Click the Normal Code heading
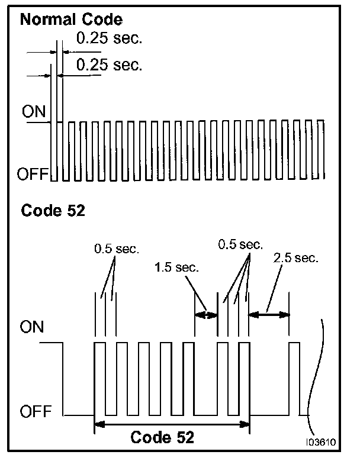[72, 20]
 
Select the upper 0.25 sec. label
[110, 40]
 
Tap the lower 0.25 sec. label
[110, 64]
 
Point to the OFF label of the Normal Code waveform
[34, 174]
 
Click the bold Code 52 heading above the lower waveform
[53, 210]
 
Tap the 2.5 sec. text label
[296, 258]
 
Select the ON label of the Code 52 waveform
[34, 326]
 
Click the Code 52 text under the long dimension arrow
[162, 438]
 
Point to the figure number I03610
[321, 441]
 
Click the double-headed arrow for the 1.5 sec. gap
[207, 315]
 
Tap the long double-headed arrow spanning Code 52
[172, 424]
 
